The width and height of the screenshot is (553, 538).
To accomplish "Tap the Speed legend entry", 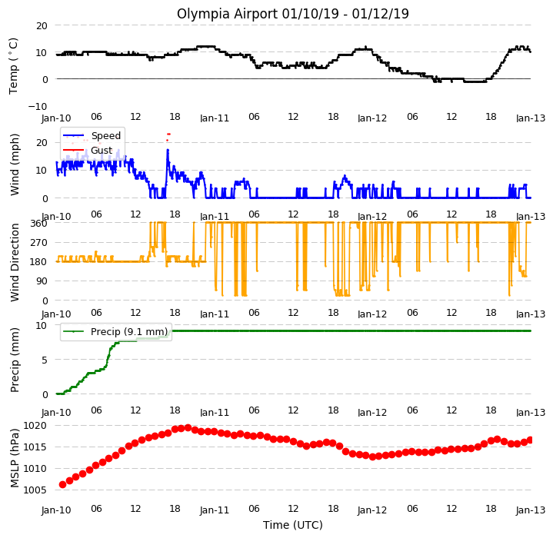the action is tap(92, 135).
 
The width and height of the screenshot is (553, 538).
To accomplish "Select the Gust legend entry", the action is tap(88, 151).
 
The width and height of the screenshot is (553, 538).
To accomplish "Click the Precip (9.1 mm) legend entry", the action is tap(115, 331).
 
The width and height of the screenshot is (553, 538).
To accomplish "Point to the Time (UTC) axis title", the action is tap(293, 525).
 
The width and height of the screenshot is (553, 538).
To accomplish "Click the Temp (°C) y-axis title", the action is tap(13, 66).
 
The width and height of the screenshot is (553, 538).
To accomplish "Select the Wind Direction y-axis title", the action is tap(15, 262).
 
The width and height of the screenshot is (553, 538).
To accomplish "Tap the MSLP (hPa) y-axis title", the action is tap(15, 458).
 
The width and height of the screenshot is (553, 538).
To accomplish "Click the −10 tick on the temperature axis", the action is tap(38, 106).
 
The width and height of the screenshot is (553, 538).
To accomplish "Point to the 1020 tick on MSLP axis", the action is tap(35, 426).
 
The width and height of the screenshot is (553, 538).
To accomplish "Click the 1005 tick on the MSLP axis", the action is tap(35, 490).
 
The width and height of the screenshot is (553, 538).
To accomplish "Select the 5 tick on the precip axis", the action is tap(45, 360).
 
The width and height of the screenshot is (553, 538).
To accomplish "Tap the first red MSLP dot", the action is tap(63, 485).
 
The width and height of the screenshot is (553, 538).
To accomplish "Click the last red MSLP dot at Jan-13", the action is tap(530, 440).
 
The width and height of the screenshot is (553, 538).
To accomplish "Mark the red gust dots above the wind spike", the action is tap(168, 137).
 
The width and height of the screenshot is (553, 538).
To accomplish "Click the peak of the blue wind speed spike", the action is tap(168, 150).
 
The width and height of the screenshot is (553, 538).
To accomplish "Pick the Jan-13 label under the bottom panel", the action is tap(531, 510).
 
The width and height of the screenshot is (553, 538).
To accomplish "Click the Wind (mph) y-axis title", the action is tap(15, 164).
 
